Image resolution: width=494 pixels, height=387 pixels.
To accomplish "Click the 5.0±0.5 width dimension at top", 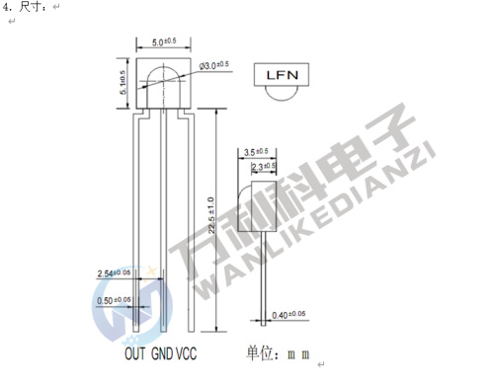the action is pos(164,40).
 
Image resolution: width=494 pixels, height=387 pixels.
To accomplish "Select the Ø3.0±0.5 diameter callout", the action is pos(214,65).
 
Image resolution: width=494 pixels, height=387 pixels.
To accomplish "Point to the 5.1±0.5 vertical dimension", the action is pos(123,84).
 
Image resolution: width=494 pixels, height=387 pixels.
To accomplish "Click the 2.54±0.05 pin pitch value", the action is pos(116,272).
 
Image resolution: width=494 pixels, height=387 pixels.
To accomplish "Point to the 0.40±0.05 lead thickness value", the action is pos(289,316).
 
